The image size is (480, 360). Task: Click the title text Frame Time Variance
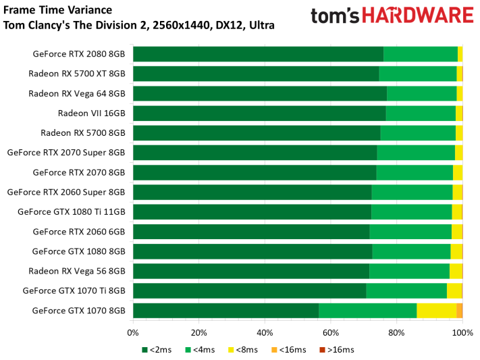click(49, 11)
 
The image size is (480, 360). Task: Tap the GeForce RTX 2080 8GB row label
click(79, 54)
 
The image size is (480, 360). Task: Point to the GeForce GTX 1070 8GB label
click(79, 311)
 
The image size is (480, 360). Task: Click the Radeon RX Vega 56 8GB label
click(77, 271)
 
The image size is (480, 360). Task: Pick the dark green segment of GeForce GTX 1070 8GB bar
click(225, 311)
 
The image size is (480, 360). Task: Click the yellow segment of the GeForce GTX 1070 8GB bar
click(436, 311)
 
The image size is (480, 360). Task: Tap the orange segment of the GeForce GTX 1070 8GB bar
click(460, 311)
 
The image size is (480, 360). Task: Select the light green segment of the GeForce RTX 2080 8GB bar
click(421, 54)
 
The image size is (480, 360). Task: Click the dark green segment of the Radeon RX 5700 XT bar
click(256, 74)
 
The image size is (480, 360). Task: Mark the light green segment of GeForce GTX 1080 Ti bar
click(411, 212)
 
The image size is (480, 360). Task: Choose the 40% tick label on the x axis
click(265, 332)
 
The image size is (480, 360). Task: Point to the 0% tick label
click(133, 332)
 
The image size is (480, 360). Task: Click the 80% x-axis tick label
click(396, 332)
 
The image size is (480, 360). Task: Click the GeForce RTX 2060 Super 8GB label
click(66, 192)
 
